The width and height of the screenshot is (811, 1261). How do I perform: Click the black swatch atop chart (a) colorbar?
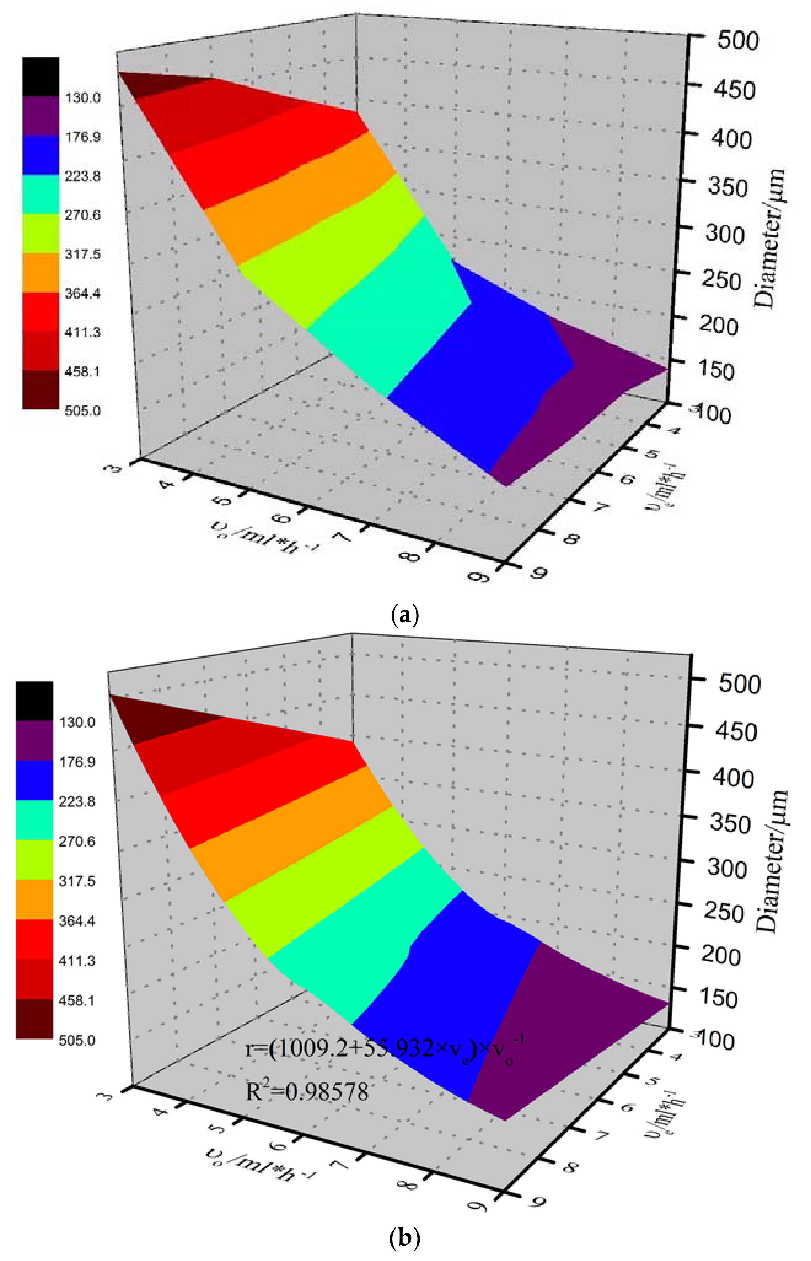tap(41, 77)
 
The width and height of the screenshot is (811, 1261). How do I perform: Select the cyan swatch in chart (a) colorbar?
tap(41, 195)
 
